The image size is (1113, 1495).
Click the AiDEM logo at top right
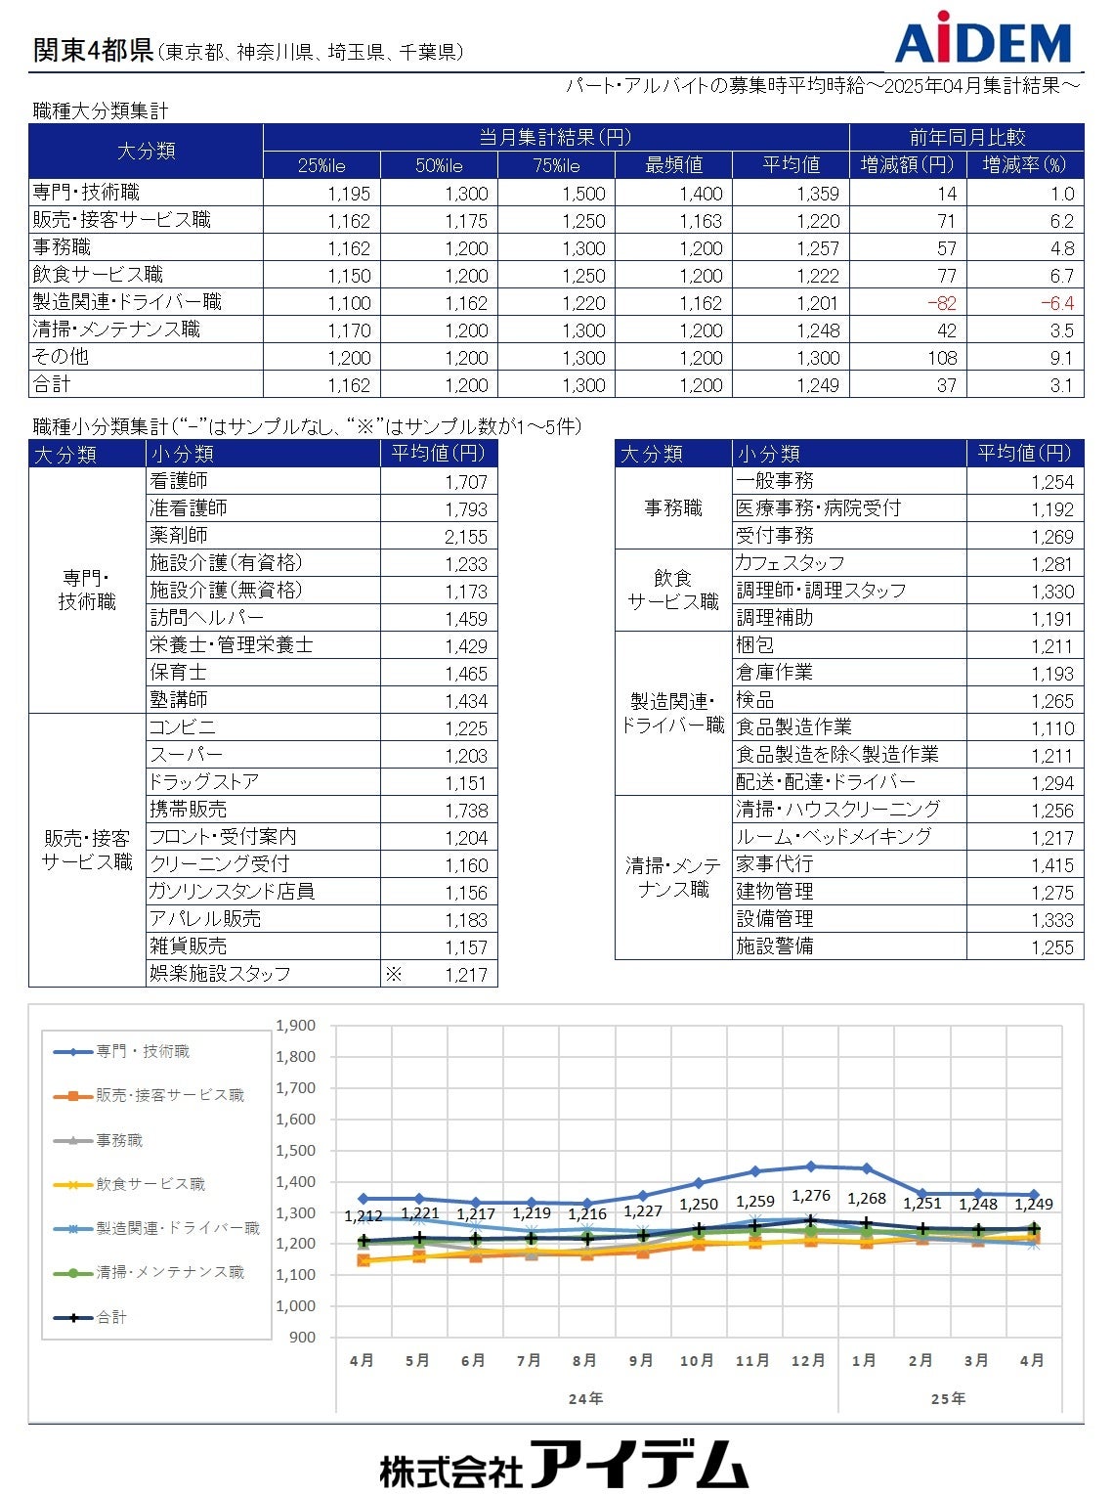pyautogui.click(x=983, y=38)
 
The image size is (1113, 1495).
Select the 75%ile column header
pyautogui.click(x=556, y=165)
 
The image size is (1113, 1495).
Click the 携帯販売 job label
pyautogui.click(x=188, y=809)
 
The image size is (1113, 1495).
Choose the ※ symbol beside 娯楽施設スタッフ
pyautogui.click(x=393, y=974)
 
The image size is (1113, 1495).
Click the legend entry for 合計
pyautogui.click(x=111, y=1317)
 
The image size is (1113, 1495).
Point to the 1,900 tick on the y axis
pyautogui.click(x=295, y=1026)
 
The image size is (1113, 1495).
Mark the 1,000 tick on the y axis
pyautogui.click(x=295, y=1306)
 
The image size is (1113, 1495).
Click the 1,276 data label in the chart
pyautogui.click(x=811, y=1196)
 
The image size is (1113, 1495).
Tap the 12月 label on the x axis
pyautogui.click(x=807, y=1360)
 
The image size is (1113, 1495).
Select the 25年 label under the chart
pyautogui.click(x=947, y=1398)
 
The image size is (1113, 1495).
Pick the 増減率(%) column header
pyautogui.click(x=1024, y=165)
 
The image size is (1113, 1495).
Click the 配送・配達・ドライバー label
pyautogui.click(x=826, y=782)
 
